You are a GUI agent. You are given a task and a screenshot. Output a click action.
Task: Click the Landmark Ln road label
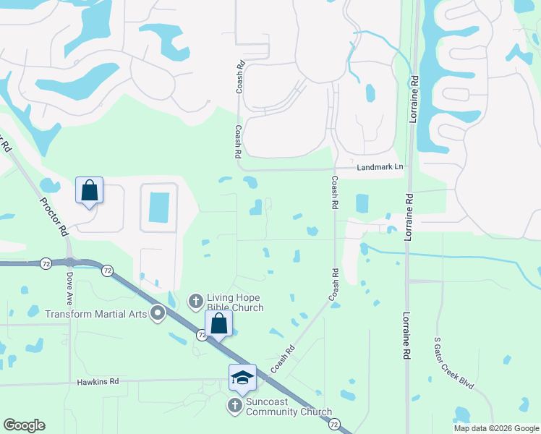[380, 167]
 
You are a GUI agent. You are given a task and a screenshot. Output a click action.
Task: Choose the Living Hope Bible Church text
[235, 302]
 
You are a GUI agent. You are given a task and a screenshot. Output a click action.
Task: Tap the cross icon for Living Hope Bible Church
[195, 300]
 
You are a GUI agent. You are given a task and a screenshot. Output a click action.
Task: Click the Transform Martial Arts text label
[96, 314]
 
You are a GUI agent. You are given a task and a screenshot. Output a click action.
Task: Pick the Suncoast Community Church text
[289, 407]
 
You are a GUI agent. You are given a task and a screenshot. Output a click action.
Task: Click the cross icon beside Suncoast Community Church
[234, 406]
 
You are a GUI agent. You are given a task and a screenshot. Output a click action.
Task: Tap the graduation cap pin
[242, 378]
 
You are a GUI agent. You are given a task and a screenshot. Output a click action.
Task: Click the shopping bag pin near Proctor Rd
[89, 191]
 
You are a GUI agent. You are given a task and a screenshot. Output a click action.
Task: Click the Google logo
[24, 425]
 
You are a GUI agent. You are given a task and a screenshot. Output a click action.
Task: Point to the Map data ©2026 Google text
[495, 428]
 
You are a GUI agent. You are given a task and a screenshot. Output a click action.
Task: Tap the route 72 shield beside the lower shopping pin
[203, 334]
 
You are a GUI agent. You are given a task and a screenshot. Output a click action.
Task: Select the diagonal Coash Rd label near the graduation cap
[284, 359]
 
